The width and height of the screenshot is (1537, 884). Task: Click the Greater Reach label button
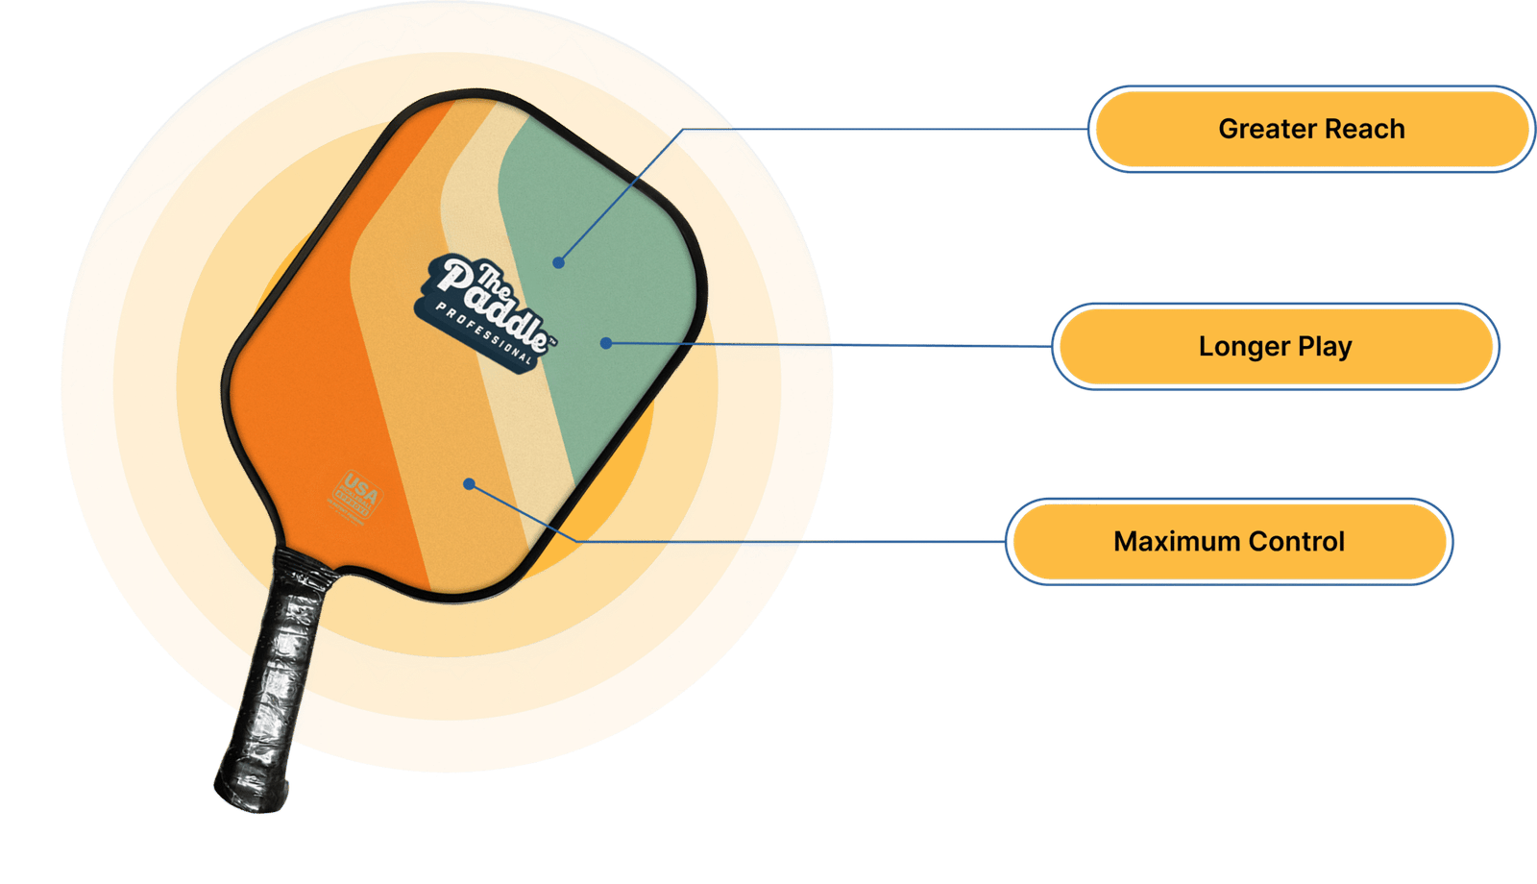click(1310, 130)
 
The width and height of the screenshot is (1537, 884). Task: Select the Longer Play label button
click(1274, 346)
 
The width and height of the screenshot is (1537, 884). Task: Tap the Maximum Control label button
click(1229, 542)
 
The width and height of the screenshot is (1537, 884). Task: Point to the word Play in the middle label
click(1325, 347)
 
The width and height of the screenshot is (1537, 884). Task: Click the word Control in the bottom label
click(1297, 542)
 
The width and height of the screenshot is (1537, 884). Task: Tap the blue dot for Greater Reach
click(558, 262)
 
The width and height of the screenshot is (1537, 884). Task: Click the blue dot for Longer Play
click(606, 342)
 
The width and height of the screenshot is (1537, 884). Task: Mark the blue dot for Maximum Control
click(469, 484)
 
